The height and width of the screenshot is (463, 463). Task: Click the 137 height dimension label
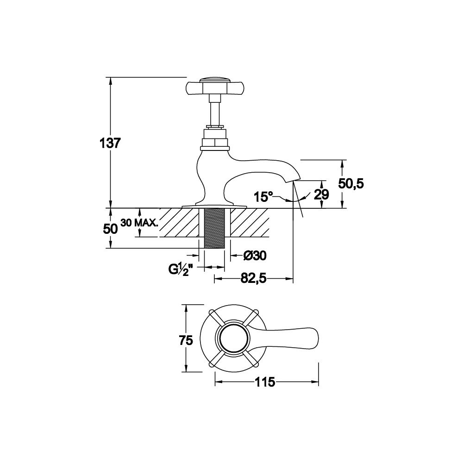pyautogui.click(x=110, y=144)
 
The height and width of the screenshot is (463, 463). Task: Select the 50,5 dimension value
pyautogui.click(x=351, y=184)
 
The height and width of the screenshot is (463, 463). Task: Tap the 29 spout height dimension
pyautogui.click(x=321, y=194)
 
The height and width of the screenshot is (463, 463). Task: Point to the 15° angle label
pyautogui.click(x=263, y=197)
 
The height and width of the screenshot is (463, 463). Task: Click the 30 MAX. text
pyautogui.click(x=139, y=223)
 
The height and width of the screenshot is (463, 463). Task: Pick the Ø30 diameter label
pyautogui.click(x=255, y=256)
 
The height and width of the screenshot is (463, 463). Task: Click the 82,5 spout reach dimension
pyautogui.click(x=253, y=278)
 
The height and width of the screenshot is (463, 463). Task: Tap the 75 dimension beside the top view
pyautogui.click(x=186, y=340)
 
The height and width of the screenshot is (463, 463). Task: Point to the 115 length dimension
pyautogui.click(x=264, y=382)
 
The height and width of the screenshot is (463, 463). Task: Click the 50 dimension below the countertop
pyautogui.click(x=110, y=229)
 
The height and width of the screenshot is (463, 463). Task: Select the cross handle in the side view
pyautogui.click(x=215, y=87)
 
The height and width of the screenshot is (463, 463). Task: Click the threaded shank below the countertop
pyautogui.click(x=215, y=228)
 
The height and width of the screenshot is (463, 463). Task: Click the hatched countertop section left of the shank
pyautogui.click(x=180, y=223)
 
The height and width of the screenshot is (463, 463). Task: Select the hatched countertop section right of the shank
pyautogui.click(x=250, y=223)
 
